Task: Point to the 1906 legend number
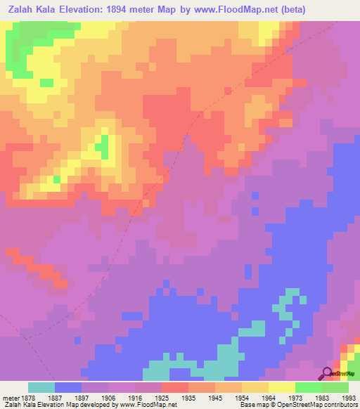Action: pos(108,396)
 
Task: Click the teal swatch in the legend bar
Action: pos(41,387)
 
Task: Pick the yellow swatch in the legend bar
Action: pos(281,387)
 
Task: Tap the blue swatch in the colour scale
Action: pos(68,387)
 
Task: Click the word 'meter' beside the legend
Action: pos(11,396)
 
